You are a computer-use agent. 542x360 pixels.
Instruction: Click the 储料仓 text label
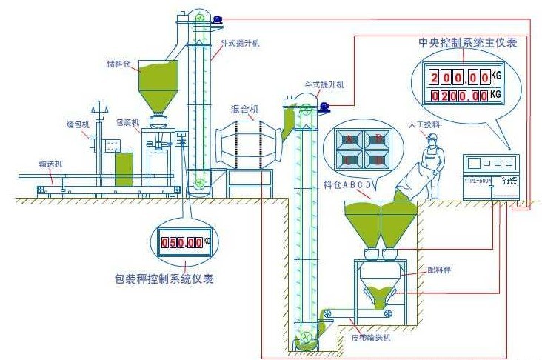(x=118, y=64)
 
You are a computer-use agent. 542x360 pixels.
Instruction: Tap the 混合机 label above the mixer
(x=244, y=110)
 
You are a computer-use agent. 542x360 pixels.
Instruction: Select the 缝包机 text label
(x=78, y=124)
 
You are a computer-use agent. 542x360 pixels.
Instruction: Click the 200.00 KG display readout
(x=459, y=77)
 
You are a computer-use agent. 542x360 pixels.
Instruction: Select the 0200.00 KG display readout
(x=459, y=96)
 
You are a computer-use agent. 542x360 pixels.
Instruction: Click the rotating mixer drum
(x=247, y=141)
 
